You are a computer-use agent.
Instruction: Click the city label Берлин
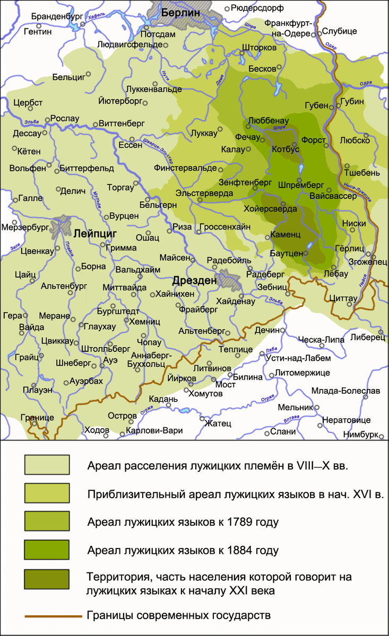[x=181, y=13]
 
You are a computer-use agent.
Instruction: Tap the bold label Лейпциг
[x=96, y=233]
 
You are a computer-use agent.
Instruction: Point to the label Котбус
[x=285, y=149]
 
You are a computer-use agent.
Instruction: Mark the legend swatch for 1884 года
[x=47, y=550]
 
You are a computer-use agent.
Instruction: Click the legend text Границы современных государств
[x=179, y=616]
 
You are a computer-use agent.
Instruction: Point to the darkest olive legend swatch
[x=47, y=580]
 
